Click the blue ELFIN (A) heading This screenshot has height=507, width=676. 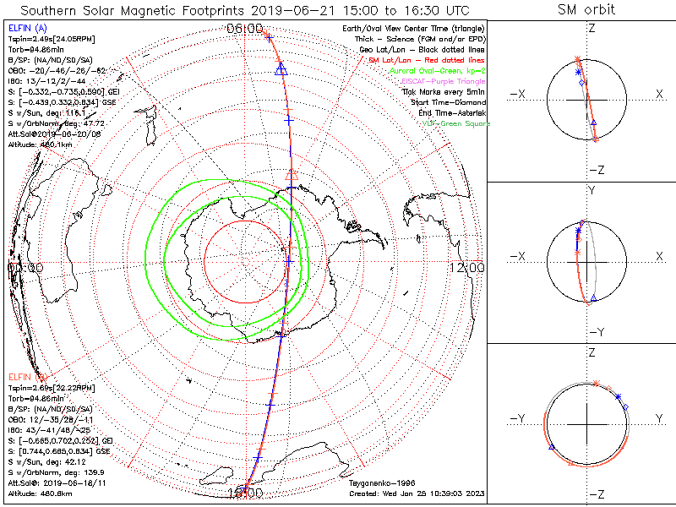[23, 29]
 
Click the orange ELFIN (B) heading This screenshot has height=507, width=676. [23, 375]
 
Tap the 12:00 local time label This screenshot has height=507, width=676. [467, 267]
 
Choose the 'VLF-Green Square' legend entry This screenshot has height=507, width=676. [455, 123]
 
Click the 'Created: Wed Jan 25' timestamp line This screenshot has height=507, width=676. [416, 493]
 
